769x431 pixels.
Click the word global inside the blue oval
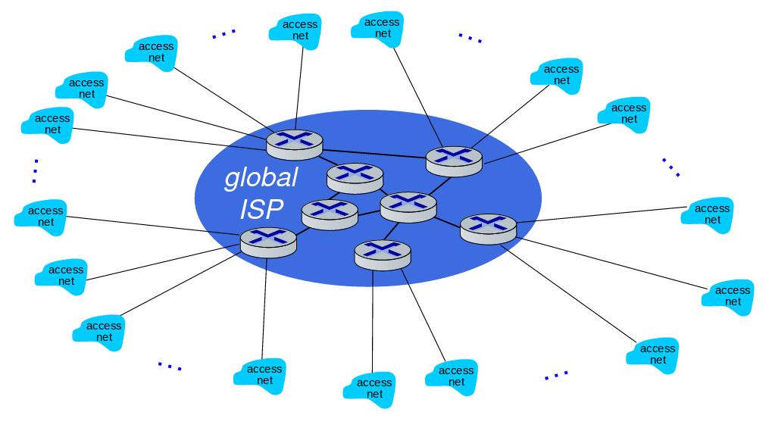click(x=261, y=179)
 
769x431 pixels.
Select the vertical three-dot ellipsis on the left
click(x=35, y=171)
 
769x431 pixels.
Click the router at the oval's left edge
click(x=268, y=242)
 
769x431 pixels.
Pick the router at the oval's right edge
click(x=488, y=228)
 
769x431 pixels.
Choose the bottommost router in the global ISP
click(x=382, y=254)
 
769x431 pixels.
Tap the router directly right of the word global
click(x=355, y=178)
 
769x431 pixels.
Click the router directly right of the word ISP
click(x=330, y=214)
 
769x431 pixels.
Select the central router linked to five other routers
click(x=408, y=206)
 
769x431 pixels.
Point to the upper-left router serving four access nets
click(x=295, y=144)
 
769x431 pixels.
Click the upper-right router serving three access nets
click(x=454, y=160)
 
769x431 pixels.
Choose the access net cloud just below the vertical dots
click(x=41, y=217)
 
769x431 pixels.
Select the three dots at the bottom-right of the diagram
click(x=556, y=375)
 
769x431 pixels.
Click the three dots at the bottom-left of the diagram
click(x=170, y=367)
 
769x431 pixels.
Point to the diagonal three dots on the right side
click(x=671, y=167)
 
